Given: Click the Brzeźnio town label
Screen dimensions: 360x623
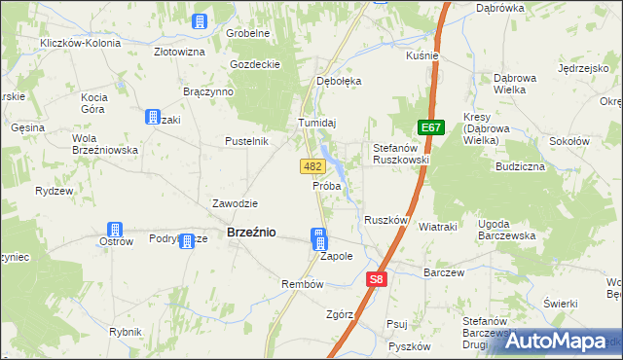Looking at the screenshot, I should click(x=251, y=233).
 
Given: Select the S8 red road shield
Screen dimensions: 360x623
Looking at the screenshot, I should click(x=378, y=279).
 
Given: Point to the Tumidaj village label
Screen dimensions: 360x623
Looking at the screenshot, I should click(x=316, y=123).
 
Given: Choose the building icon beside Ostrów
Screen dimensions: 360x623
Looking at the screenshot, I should click(x=115, y=232).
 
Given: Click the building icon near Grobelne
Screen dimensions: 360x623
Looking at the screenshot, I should click(x=200, y=21).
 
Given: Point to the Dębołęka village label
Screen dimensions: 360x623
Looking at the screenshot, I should click(x=339, y=82).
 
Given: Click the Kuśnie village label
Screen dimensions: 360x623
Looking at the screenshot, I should click(x=422, y=56).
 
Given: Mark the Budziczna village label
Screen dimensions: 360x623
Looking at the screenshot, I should click(x=518, y=166).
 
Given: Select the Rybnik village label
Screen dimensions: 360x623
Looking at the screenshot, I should click(x=126, y=332).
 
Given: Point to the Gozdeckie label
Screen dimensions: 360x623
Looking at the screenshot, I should click(x=255, y=64).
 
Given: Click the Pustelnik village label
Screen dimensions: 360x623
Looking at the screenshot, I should click(x=246, y=141).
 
